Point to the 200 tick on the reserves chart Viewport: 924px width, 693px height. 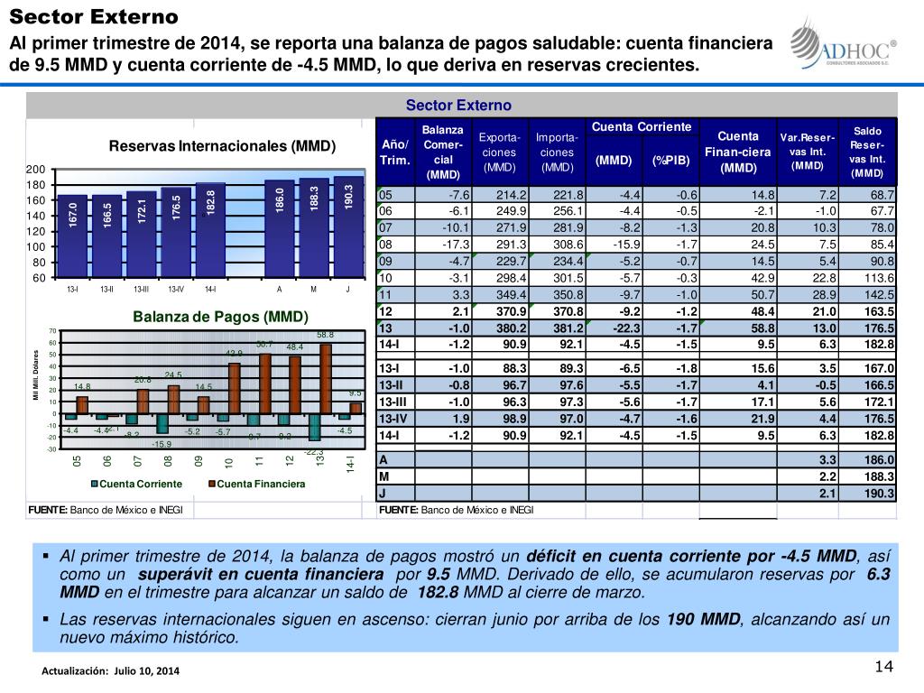[35, 170]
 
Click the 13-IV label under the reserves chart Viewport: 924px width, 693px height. [176, 289]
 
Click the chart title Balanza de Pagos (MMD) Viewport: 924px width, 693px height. [221, 317]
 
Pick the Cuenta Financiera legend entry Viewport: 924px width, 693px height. [256, 485]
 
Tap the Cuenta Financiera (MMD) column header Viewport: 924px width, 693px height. [737, 152]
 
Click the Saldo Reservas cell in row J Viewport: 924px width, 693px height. [868, 494]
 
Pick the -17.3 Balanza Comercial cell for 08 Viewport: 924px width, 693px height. [442, 244]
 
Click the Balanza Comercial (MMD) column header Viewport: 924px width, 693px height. [443, 152]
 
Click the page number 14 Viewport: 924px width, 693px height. [883, 667]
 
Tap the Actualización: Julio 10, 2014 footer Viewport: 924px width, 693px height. [110, 672]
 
